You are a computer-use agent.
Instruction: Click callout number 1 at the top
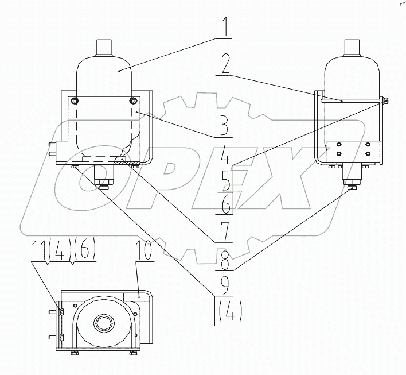225,26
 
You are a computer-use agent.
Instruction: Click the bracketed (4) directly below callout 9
228,311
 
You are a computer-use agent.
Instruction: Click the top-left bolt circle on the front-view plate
74,101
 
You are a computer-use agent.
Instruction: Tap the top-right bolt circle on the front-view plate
134,101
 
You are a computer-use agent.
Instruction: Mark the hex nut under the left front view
104,185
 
